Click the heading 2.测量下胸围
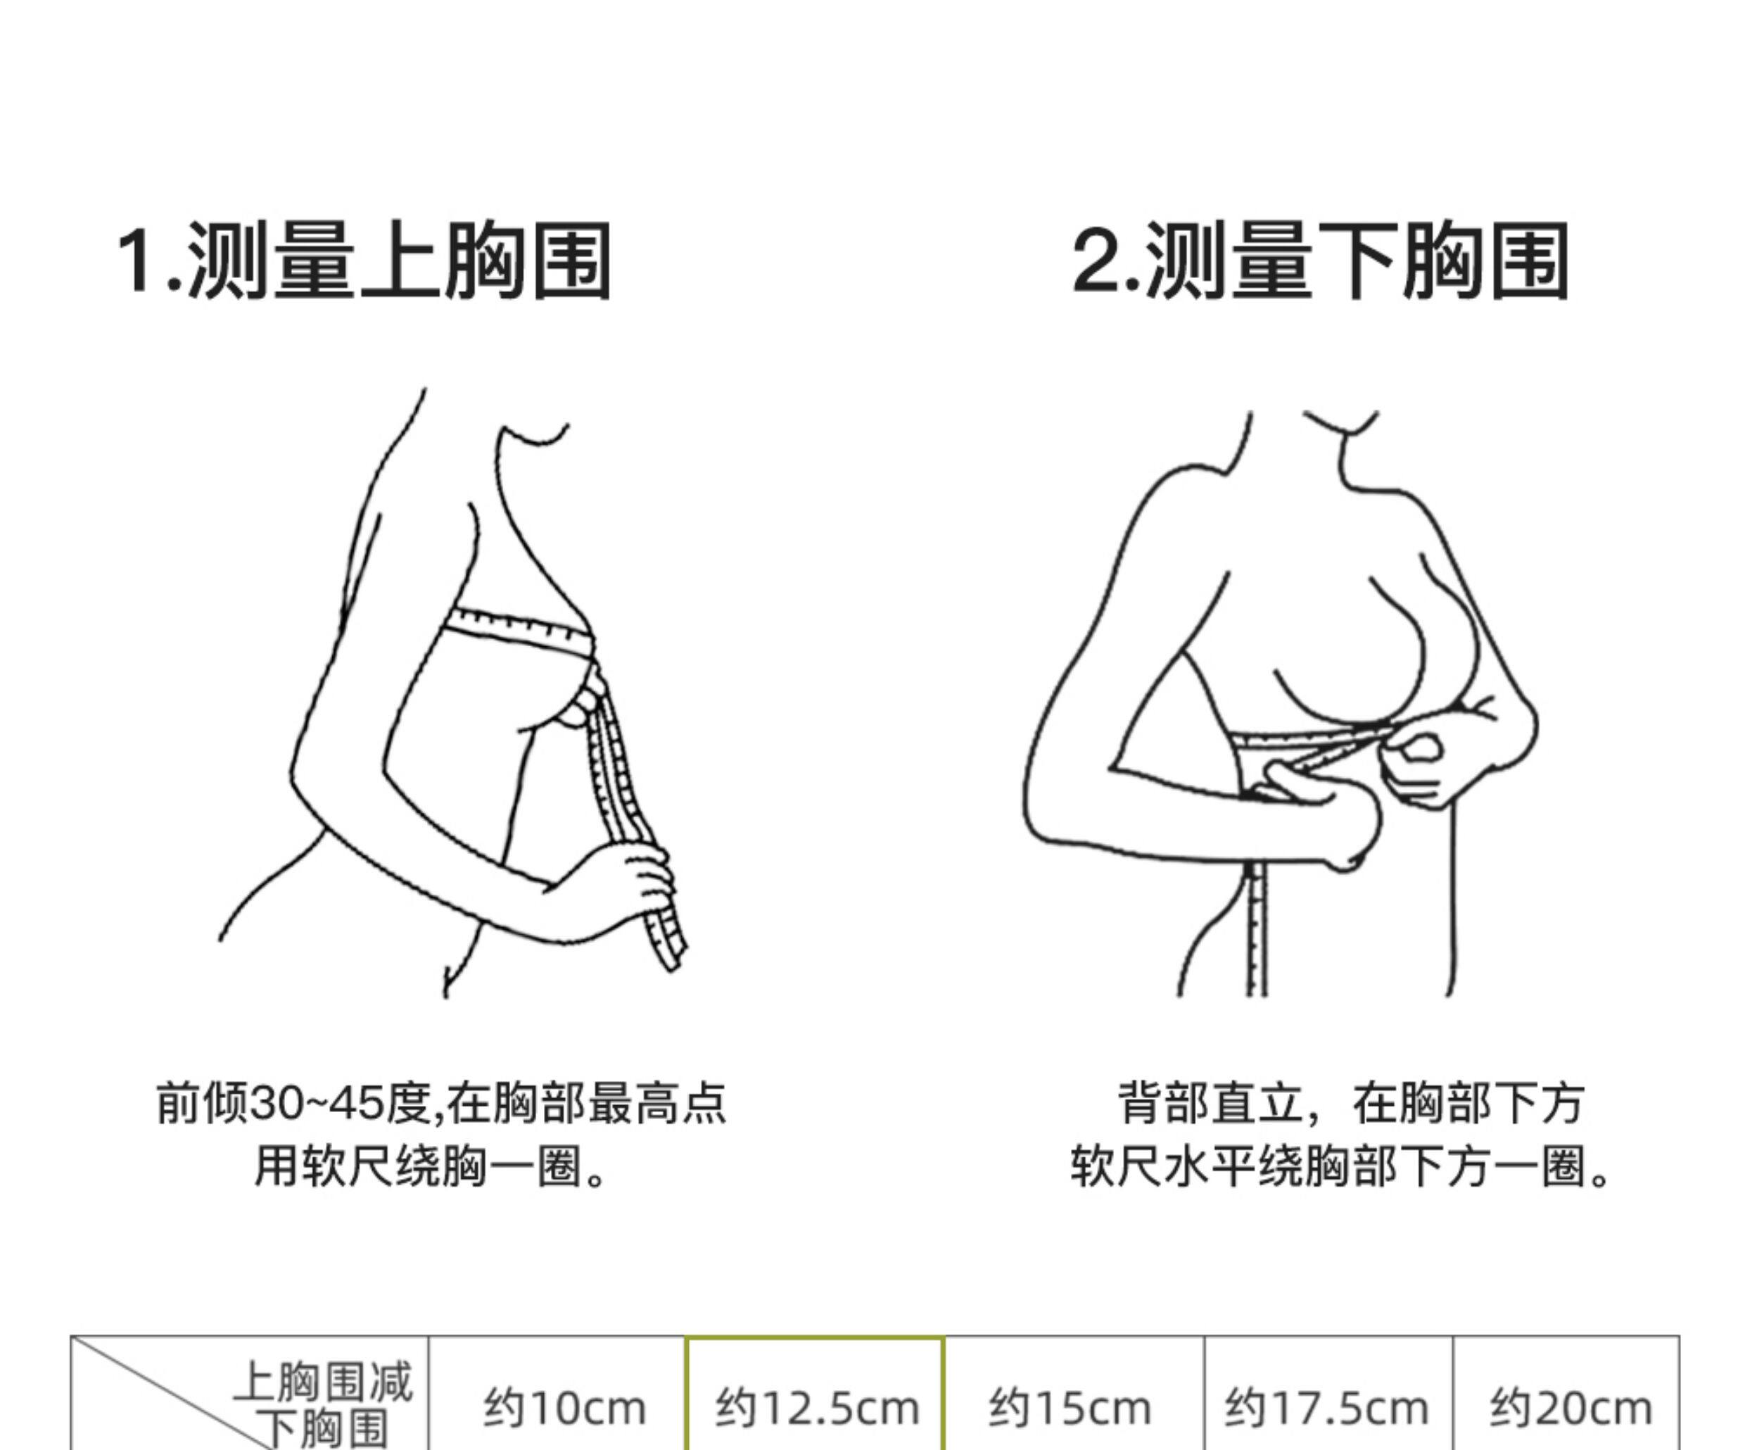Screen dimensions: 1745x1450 [1319, 261]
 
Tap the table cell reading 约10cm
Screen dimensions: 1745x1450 [564, 1408]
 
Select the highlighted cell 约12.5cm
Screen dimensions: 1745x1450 [816, 1408]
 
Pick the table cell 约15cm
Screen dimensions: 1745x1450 [1070, 1408]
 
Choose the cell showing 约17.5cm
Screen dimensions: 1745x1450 [1326, 1408]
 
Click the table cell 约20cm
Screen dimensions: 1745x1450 [1570, 1408]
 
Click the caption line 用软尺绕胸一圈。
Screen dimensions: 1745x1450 [431, 1166]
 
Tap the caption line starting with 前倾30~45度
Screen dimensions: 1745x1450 [441, 1103]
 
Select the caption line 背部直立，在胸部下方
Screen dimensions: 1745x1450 [1350, 1103]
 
